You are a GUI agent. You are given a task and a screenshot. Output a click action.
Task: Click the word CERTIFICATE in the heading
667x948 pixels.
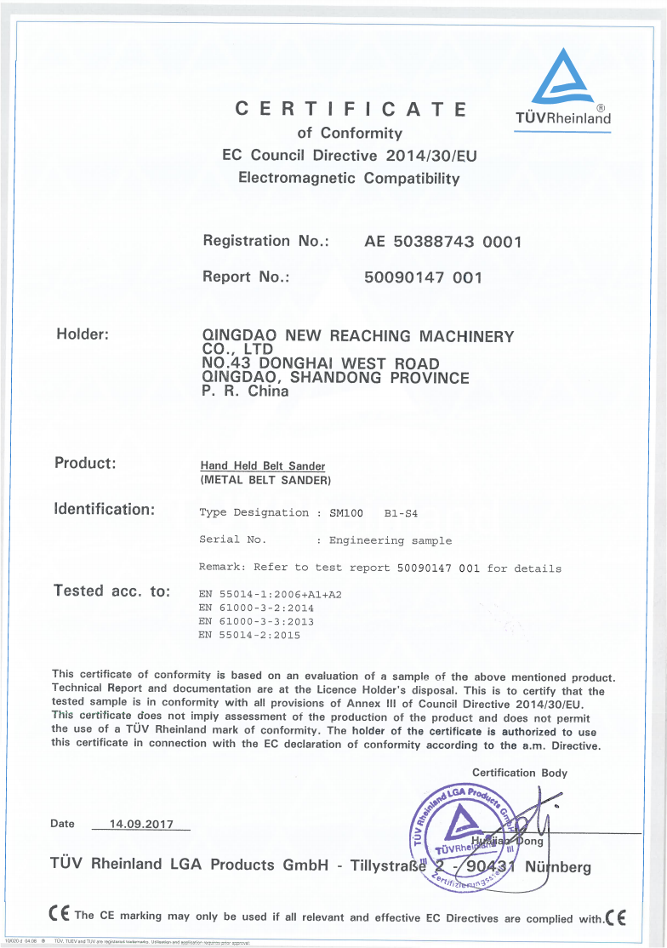tap(351, 109)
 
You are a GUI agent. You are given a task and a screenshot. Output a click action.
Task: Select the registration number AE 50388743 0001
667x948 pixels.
tap(442, 242)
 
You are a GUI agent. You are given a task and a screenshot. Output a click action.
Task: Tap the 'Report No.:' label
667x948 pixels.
tap(247, 277)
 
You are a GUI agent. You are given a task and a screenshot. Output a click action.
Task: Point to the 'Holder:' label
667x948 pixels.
tap(82, 334)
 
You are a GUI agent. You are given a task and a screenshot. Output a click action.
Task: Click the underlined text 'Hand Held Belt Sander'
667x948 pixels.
tap(262, 466)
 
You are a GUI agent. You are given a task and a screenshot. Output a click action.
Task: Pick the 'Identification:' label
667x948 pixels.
tap(104, 510)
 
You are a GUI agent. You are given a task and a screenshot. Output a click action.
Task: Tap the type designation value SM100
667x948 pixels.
tap(346, 513)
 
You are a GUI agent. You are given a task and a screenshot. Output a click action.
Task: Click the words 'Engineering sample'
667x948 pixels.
tap(391, 540)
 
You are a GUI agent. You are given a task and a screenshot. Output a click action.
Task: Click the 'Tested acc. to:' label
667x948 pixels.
tap(111, 591)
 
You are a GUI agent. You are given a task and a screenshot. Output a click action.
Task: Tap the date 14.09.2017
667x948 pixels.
tap(141, 824)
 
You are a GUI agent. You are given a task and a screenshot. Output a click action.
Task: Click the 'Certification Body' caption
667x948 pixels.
tap(519, 773)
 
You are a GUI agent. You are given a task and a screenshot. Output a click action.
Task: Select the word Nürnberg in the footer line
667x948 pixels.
tap(557, 867)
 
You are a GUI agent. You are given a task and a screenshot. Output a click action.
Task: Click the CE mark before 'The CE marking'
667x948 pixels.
tap(59, 916)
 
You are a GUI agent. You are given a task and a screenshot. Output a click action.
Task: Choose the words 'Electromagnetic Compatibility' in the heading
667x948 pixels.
tap(349, 179)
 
